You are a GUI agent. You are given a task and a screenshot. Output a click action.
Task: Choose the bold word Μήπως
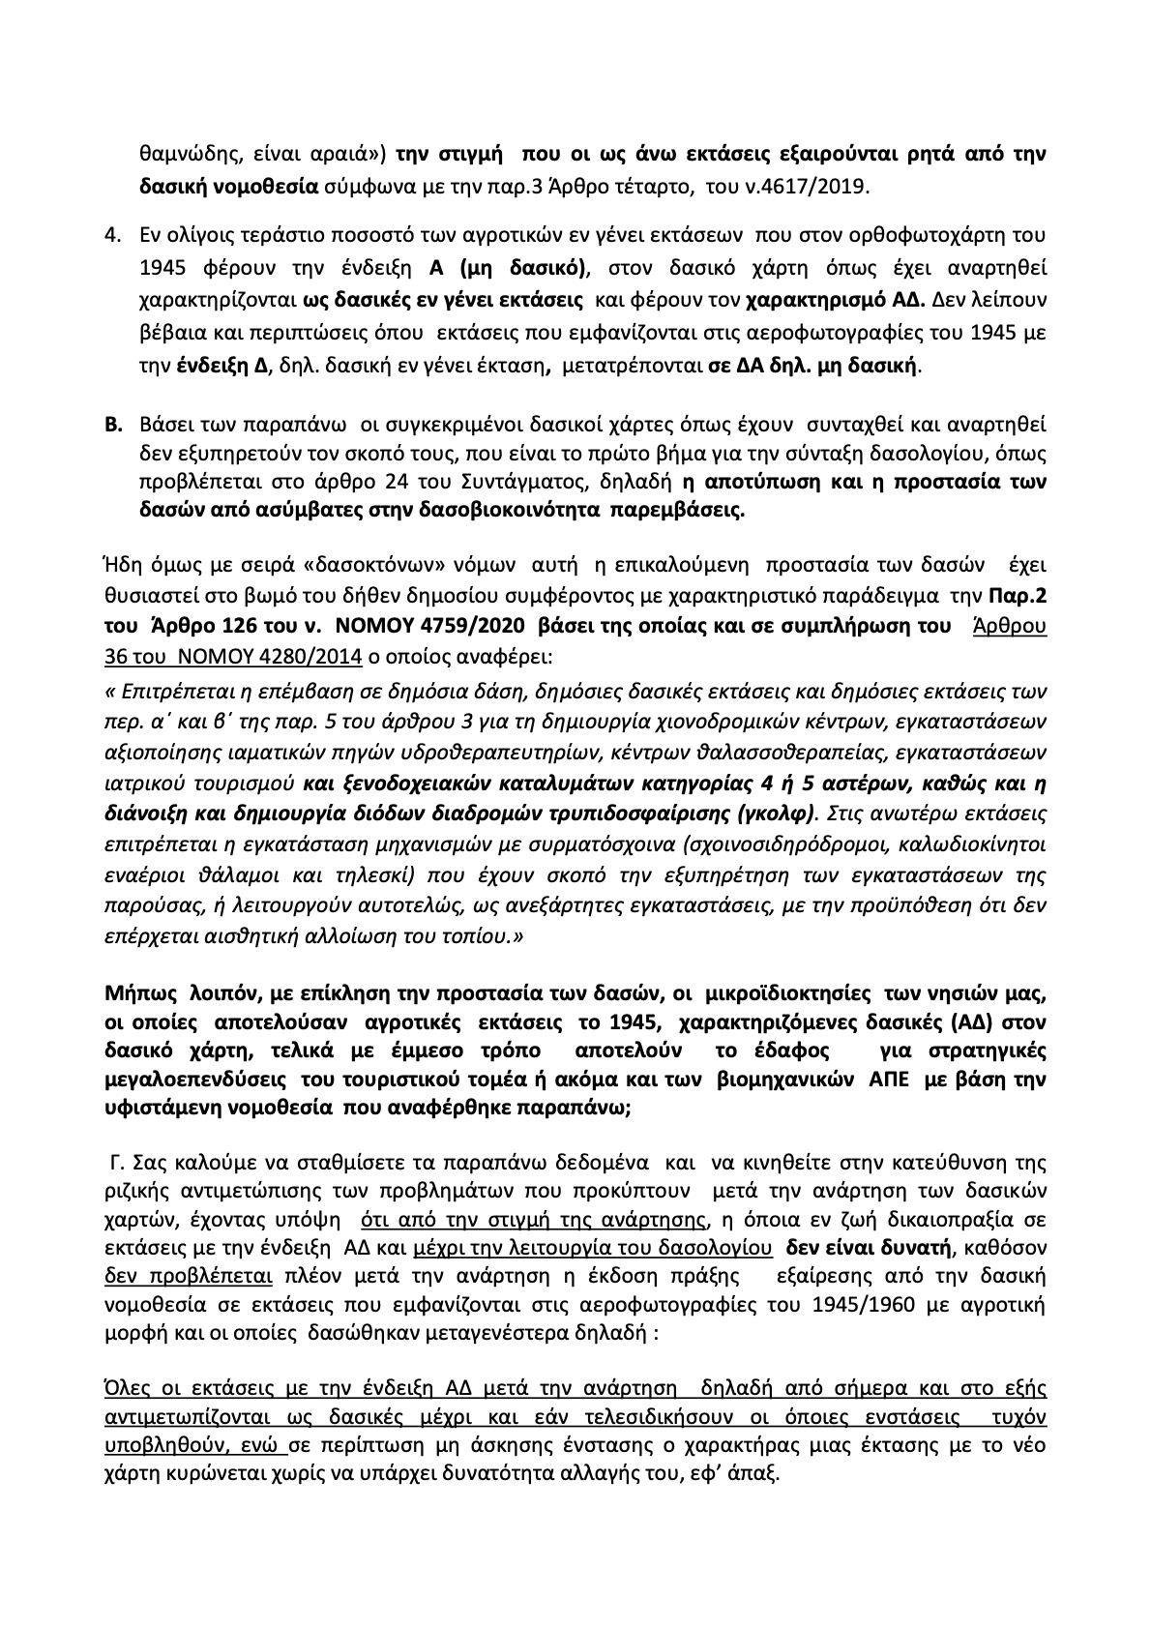pos(136,993)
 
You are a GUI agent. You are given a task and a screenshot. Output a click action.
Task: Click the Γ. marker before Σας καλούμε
pos(114,1161)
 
